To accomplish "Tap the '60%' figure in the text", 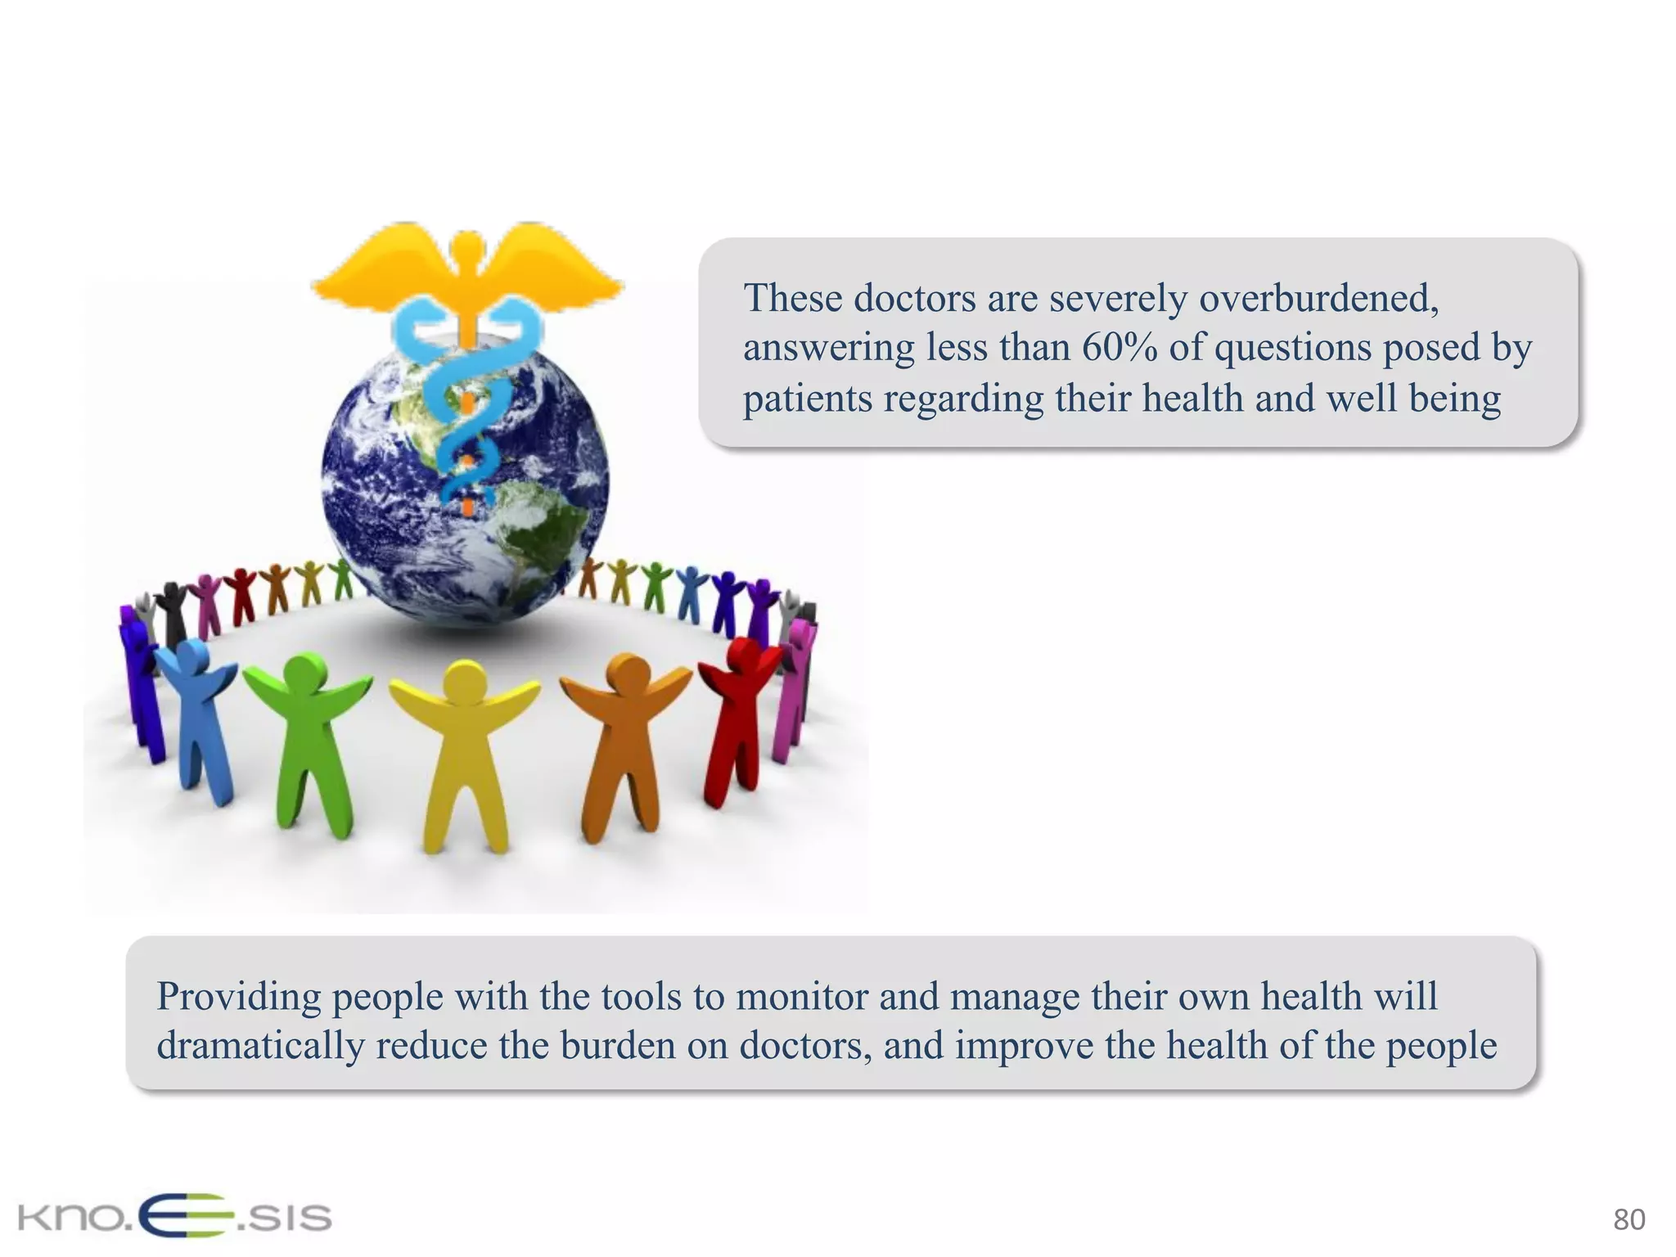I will tap(1119, 348).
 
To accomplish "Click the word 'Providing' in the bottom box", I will tap(238, 997).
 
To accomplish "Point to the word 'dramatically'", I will tap(260, 1046).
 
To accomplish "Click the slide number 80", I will tap(1629, 1219).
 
